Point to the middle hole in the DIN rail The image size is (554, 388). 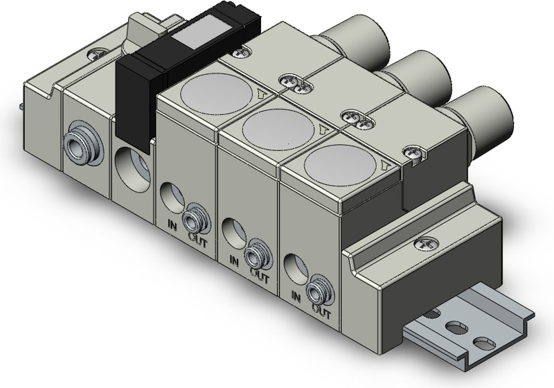tap(456, 326)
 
